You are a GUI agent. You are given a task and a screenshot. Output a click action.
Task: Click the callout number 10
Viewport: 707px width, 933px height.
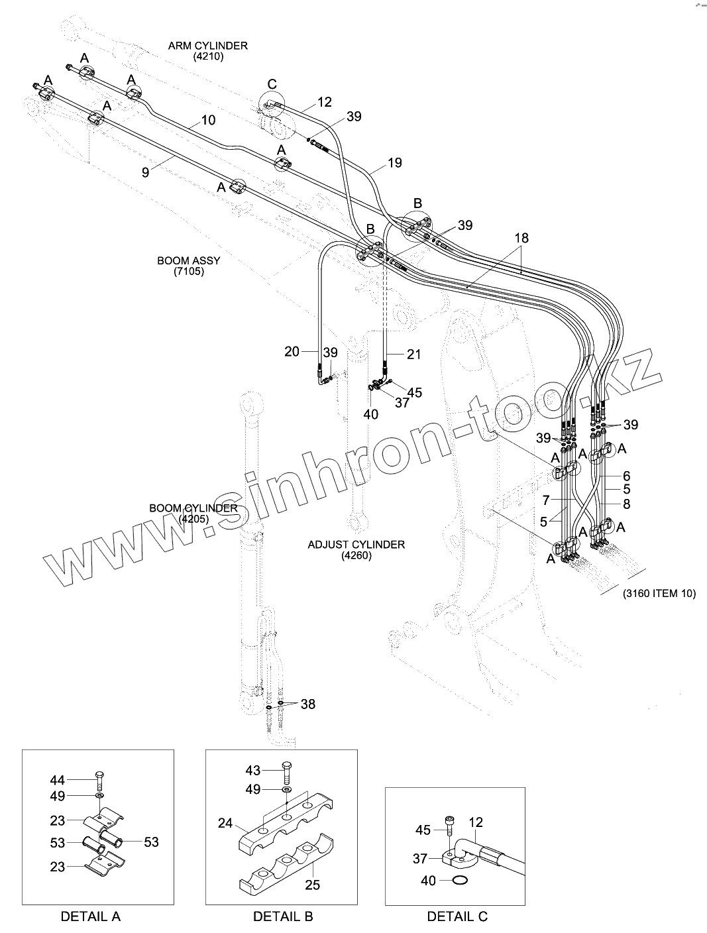point(208,121)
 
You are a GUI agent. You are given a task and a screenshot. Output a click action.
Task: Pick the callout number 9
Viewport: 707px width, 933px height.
point(145,172)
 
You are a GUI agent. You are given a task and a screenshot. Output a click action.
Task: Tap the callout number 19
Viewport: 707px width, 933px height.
point(394,162)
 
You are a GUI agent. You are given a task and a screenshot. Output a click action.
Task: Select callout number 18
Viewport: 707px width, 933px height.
point(521,238)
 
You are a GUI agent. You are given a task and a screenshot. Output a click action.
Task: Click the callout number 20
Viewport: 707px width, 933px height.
point(292,353)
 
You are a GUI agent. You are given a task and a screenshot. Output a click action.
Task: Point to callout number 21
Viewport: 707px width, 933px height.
point(413,355)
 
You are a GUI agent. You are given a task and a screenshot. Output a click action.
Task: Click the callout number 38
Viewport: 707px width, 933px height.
point(308,704)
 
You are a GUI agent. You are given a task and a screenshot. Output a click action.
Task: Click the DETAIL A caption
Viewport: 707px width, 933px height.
point(90,916)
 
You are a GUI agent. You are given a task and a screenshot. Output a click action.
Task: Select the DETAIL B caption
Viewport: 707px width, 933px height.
point(283,916)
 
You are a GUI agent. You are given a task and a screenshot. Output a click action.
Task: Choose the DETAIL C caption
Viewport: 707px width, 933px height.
point(457,916)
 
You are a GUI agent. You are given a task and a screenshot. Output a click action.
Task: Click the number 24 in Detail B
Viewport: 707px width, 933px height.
point(225,823)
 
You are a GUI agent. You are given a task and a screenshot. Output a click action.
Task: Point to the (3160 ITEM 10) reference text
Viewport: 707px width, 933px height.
point(659,593)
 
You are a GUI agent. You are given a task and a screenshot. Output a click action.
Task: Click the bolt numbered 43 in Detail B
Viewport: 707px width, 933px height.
point(286,771)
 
